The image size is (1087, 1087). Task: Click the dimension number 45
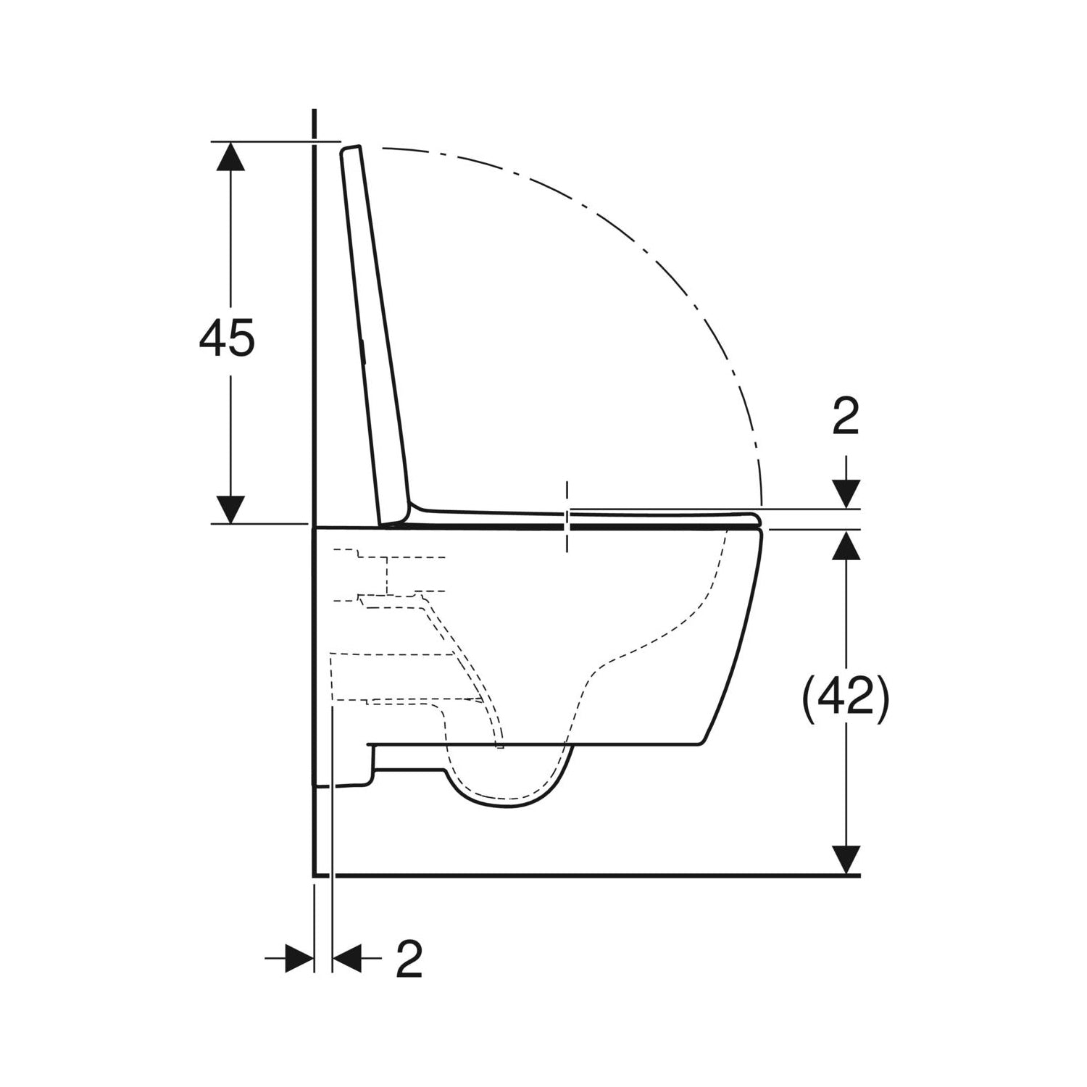(x=227, y=338)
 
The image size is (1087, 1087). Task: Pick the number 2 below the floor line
(x=409, y=959)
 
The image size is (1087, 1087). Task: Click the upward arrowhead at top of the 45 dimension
(x=231, y=156)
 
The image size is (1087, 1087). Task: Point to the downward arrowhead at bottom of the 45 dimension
(x=231, y=509)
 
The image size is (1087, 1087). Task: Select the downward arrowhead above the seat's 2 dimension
(x=845, y=494)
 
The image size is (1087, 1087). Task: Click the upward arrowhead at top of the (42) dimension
(x=845, y=545)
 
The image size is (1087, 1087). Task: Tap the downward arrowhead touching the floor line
(x=845, y=860)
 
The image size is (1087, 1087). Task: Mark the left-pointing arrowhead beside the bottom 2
(x=347, y=958)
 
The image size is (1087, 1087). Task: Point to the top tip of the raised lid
(x=351, y=148)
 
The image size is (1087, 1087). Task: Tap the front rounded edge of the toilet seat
(x=756, y=519)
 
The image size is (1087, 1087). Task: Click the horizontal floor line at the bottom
(x=580, y=875)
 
